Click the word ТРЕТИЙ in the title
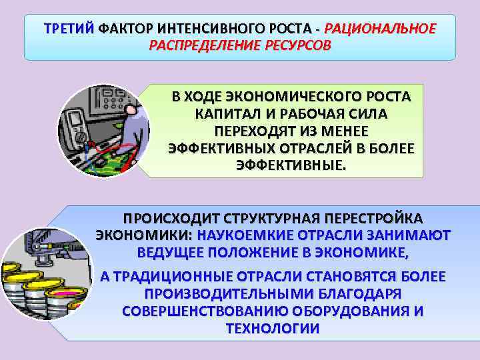coord(69,29)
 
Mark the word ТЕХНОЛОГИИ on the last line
coord(273,329)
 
